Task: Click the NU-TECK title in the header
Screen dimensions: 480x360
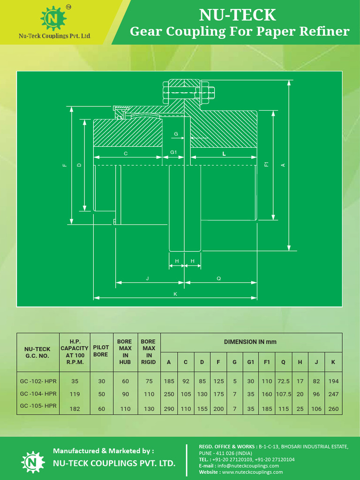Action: tap(238, 15)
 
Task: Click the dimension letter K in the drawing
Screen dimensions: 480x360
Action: tap(175, 294)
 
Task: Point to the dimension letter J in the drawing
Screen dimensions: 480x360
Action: tap(147, 278)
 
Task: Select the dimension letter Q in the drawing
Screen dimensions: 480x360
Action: tap(219, 278)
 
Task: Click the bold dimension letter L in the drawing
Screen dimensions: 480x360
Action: tap(224, 153)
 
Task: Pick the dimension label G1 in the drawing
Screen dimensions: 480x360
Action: tap(173, 152)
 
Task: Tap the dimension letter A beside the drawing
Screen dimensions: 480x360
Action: tap(283, 165)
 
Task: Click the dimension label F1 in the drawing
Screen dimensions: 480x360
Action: tap(266, 165)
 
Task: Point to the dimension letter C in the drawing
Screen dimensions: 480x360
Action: tap(126, 154)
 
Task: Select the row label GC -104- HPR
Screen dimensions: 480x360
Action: tap(38, 394)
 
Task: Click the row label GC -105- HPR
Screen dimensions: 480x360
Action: tap(38, 406)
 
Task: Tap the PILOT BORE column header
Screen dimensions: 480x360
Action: tap(101, 351)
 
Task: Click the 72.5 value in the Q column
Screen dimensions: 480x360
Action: tap(283, 381)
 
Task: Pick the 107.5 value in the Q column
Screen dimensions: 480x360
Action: tap(283, 394)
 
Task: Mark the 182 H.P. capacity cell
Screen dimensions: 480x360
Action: tap(75, 409)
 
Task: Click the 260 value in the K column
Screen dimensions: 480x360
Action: tap(333, 409)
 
